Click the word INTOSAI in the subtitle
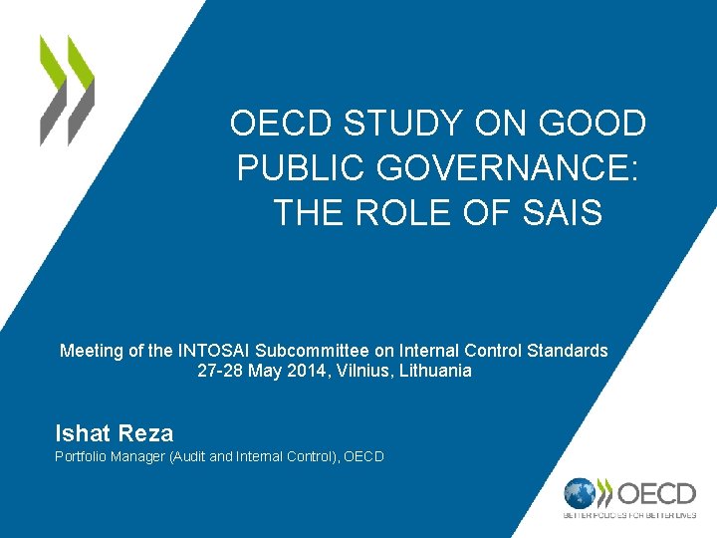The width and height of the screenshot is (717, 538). tap(215, 351)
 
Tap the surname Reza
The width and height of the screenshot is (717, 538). tap(146, 433)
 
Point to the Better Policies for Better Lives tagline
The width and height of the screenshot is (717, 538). tap(629, 516)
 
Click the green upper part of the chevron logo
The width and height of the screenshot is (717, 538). tap(66, 62)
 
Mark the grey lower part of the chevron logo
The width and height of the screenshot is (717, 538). tap(66, 112)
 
